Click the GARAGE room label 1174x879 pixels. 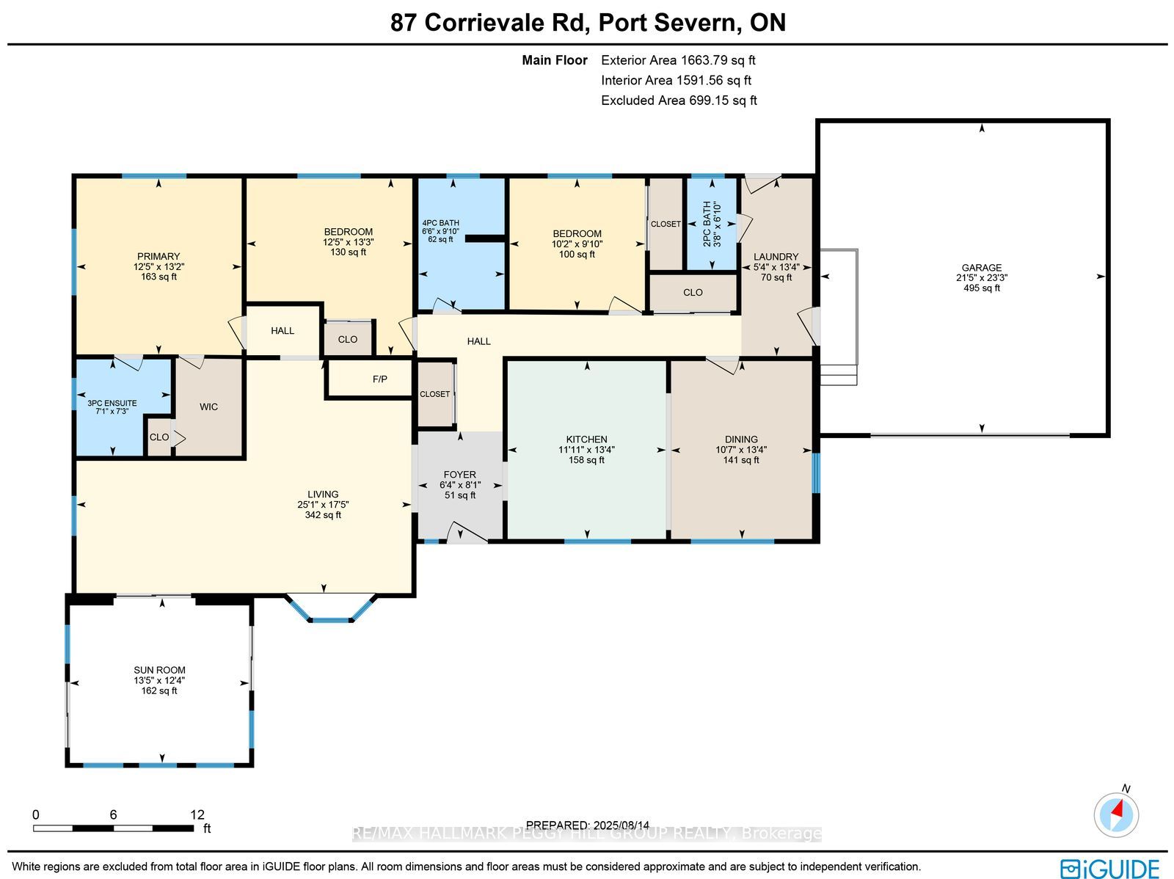pyautogui.click(x=982, y=267)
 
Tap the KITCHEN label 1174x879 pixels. pyautogui.click(x=586, y=439)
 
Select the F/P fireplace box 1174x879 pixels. pyautogui.click(x=369, y=379)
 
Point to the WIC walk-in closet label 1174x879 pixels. pyautogui.click(x=208, y=407)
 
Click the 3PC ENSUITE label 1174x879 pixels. pyautogui.click(x=112, y=403)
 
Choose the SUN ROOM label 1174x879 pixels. pyautogui.click(x=159, y=670)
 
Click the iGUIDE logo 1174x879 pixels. pyautogui.click(x=1109, y=868)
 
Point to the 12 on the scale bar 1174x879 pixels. pyautogui.click(x=197, y=814)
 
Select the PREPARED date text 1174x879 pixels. pyautogui.click(x=587, y=825)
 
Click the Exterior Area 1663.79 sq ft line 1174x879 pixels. pyautogui.click(x=678, y=60)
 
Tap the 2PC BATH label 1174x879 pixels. pyautogui.click(x=707, y=224)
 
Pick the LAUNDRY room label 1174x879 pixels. pyautogui.click(x=776, y=257)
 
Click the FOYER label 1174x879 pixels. pyautogui.click(x=459, y=475)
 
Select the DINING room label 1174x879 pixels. pyautogui.click(x=741, y=439)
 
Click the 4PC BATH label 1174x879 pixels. pyautogui.click(x=441, y=223)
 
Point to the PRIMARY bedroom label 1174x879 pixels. pyautogui.click(x=158, y=256)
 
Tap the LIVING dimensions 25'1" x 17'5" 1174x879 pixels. pyautogui.click(x=323, y=504)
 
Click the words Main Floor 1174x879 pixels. pyautogui.click(x=555, y=60)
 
